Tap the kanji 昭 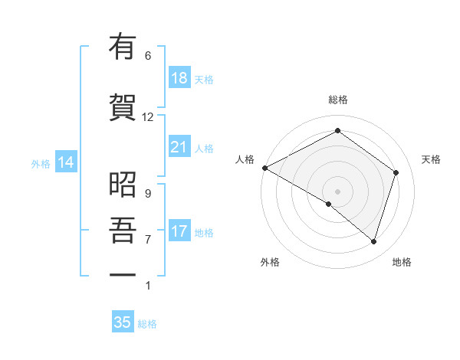pos(122,184)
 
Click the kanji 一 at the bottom pos(122,274)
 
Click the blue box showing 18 pos(179,78)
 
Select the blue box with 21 pos(179,147)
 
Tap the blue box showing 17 pos(179,231)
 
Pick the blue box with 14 pos(65,162)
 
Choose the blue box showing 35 pos(123,322)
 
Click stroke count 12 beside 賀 pos(148,117)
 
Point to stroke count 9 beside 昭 pos(148,193)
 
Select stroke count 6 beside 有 pos(148,56)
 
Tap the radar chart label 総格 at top pos(337,100)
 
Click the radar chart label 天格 pos(431,159)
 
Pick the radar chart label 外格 pos(270,262)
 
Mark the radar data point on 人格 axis pos(264,168)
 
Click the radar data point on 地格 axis pos(373,242)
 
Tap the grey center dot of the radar pos(337,191)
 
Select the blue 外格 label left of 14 pos(41,163)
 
